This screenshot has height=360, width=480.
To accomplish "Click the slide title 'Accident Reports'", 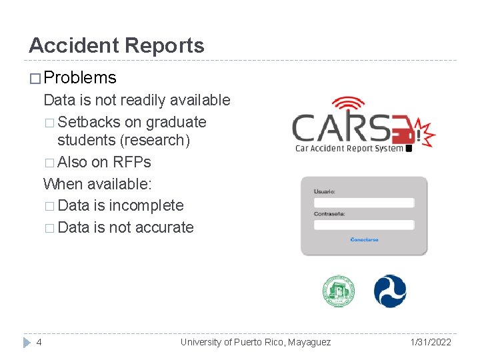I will click(117, 46).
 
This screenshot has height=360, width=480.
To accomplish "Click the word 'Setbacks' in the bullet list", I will click(89, 123).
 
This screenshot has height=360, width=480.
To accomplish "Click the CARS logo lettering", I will click(340, 128).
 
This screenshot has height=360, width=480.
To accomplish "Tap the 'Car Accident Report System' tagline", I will click(349, 149).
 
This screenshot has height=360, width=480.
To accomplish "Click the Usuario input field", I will click(364, 202).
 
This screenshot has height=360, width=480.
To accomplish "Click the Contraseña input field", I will click(364, 225).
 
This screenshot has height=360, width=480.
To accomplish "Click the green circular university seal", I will click(339, 291).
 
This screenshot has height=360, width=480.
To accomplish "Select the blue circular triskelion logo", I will click(390, 291).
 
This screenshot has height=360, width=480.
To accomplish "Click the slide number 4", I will click(39, 342).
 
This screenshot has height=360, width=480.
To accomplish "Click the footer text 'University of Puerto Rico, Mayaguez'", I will click(255, 342).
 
